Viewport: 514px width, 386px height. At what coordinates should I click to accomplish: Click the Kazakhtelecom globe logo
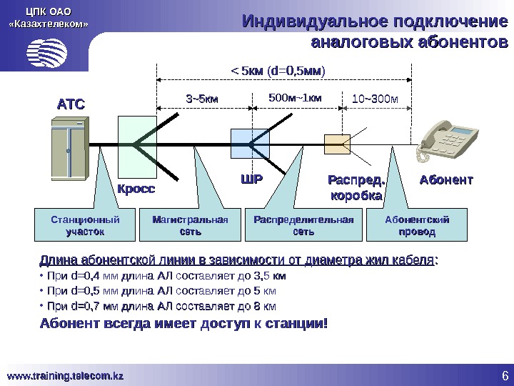click(47, 51)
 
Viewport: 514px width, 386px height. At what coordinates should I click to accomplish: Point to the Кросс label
click(136, 190)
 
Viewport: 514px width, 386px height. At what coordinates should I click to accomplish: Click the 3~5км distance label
click(203, 97)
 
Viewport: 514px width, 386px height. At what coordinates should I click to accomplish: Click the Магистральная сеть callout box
click(189, 224)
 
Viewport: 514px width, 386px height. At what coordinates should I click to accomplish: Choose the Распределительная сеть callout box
click(303, 224)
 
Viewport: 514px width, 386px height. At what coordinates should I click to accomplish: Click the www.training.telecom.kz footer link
click(66, 375)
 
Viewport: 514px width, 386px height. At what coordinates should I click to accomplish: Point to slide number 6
click(503, 376)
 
